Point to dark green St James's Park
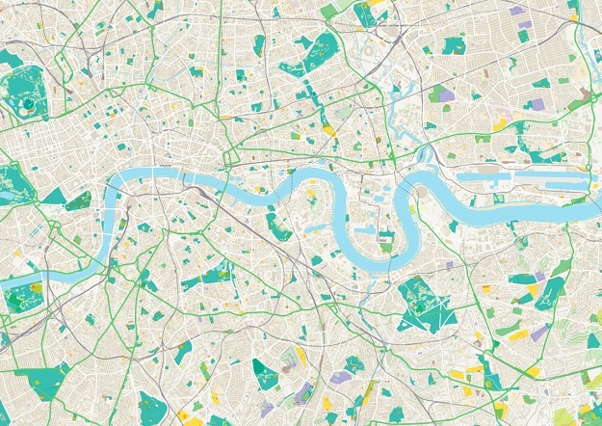[x=78, y=201]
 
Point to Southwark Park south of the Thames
[x=279, y=226]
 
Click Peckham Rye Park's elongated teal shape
[x=265, y=371]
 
